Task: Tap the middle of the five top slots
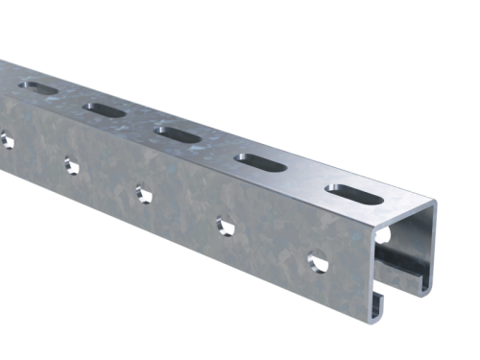click(178, 131)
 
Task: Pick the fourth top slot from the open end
click(106, 109)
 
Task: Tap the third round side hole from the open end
click(143, 192)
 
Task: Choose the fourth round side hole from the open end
click(70, 164)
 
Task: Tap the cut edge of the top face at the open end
click(408, 206)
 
